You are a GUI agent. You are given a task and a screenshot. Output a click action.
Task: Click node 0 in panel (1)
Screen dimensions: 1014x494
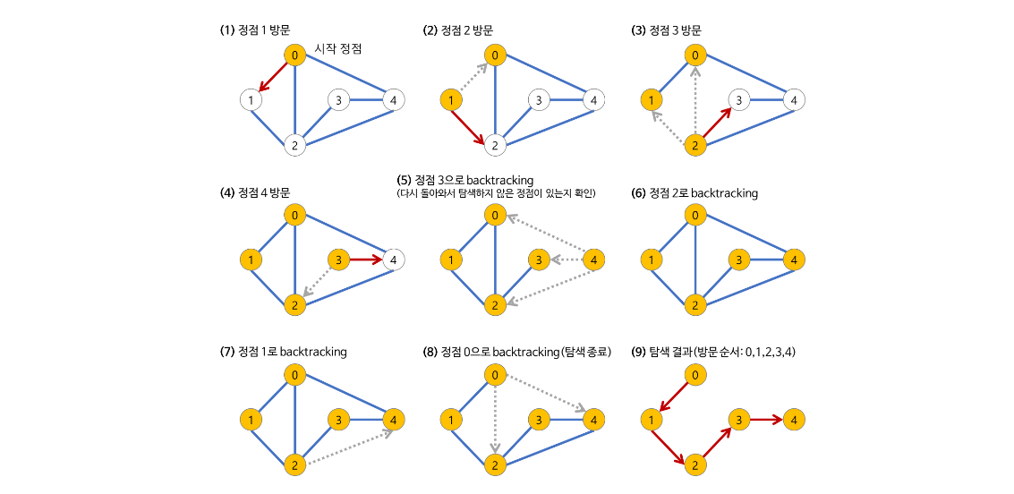294,55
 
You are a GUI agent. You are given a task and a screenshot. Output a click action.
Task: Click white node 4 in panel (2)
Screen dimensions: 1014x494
592,100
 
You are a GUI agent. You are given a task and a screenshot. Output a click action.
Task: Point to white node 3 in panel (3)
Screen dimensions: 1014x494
738,100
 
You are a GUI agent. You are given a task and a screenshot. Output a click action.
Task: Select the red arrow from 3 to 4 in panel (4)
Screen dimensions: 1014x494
364,260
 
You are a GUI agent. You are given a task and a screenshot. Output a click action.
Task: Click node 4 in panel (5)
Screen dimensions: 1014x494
592,260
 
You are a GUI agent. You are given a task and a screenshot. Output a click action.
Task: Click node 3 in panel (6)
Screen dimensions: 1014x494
738,260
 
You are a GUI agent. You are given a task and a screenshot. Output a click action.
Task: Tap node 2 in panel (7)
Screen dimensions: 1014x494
294,465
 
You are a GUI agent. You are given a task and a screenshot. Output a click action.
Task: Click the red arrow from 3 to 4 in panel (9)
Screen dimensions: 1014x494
764,419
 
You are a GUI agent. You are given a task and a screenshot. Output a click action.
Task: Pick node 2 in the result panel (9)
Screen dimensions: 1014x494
694,465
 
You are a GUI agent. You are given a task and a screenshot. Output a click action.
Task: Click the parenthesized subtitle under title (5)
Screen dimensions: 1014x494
496,193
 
